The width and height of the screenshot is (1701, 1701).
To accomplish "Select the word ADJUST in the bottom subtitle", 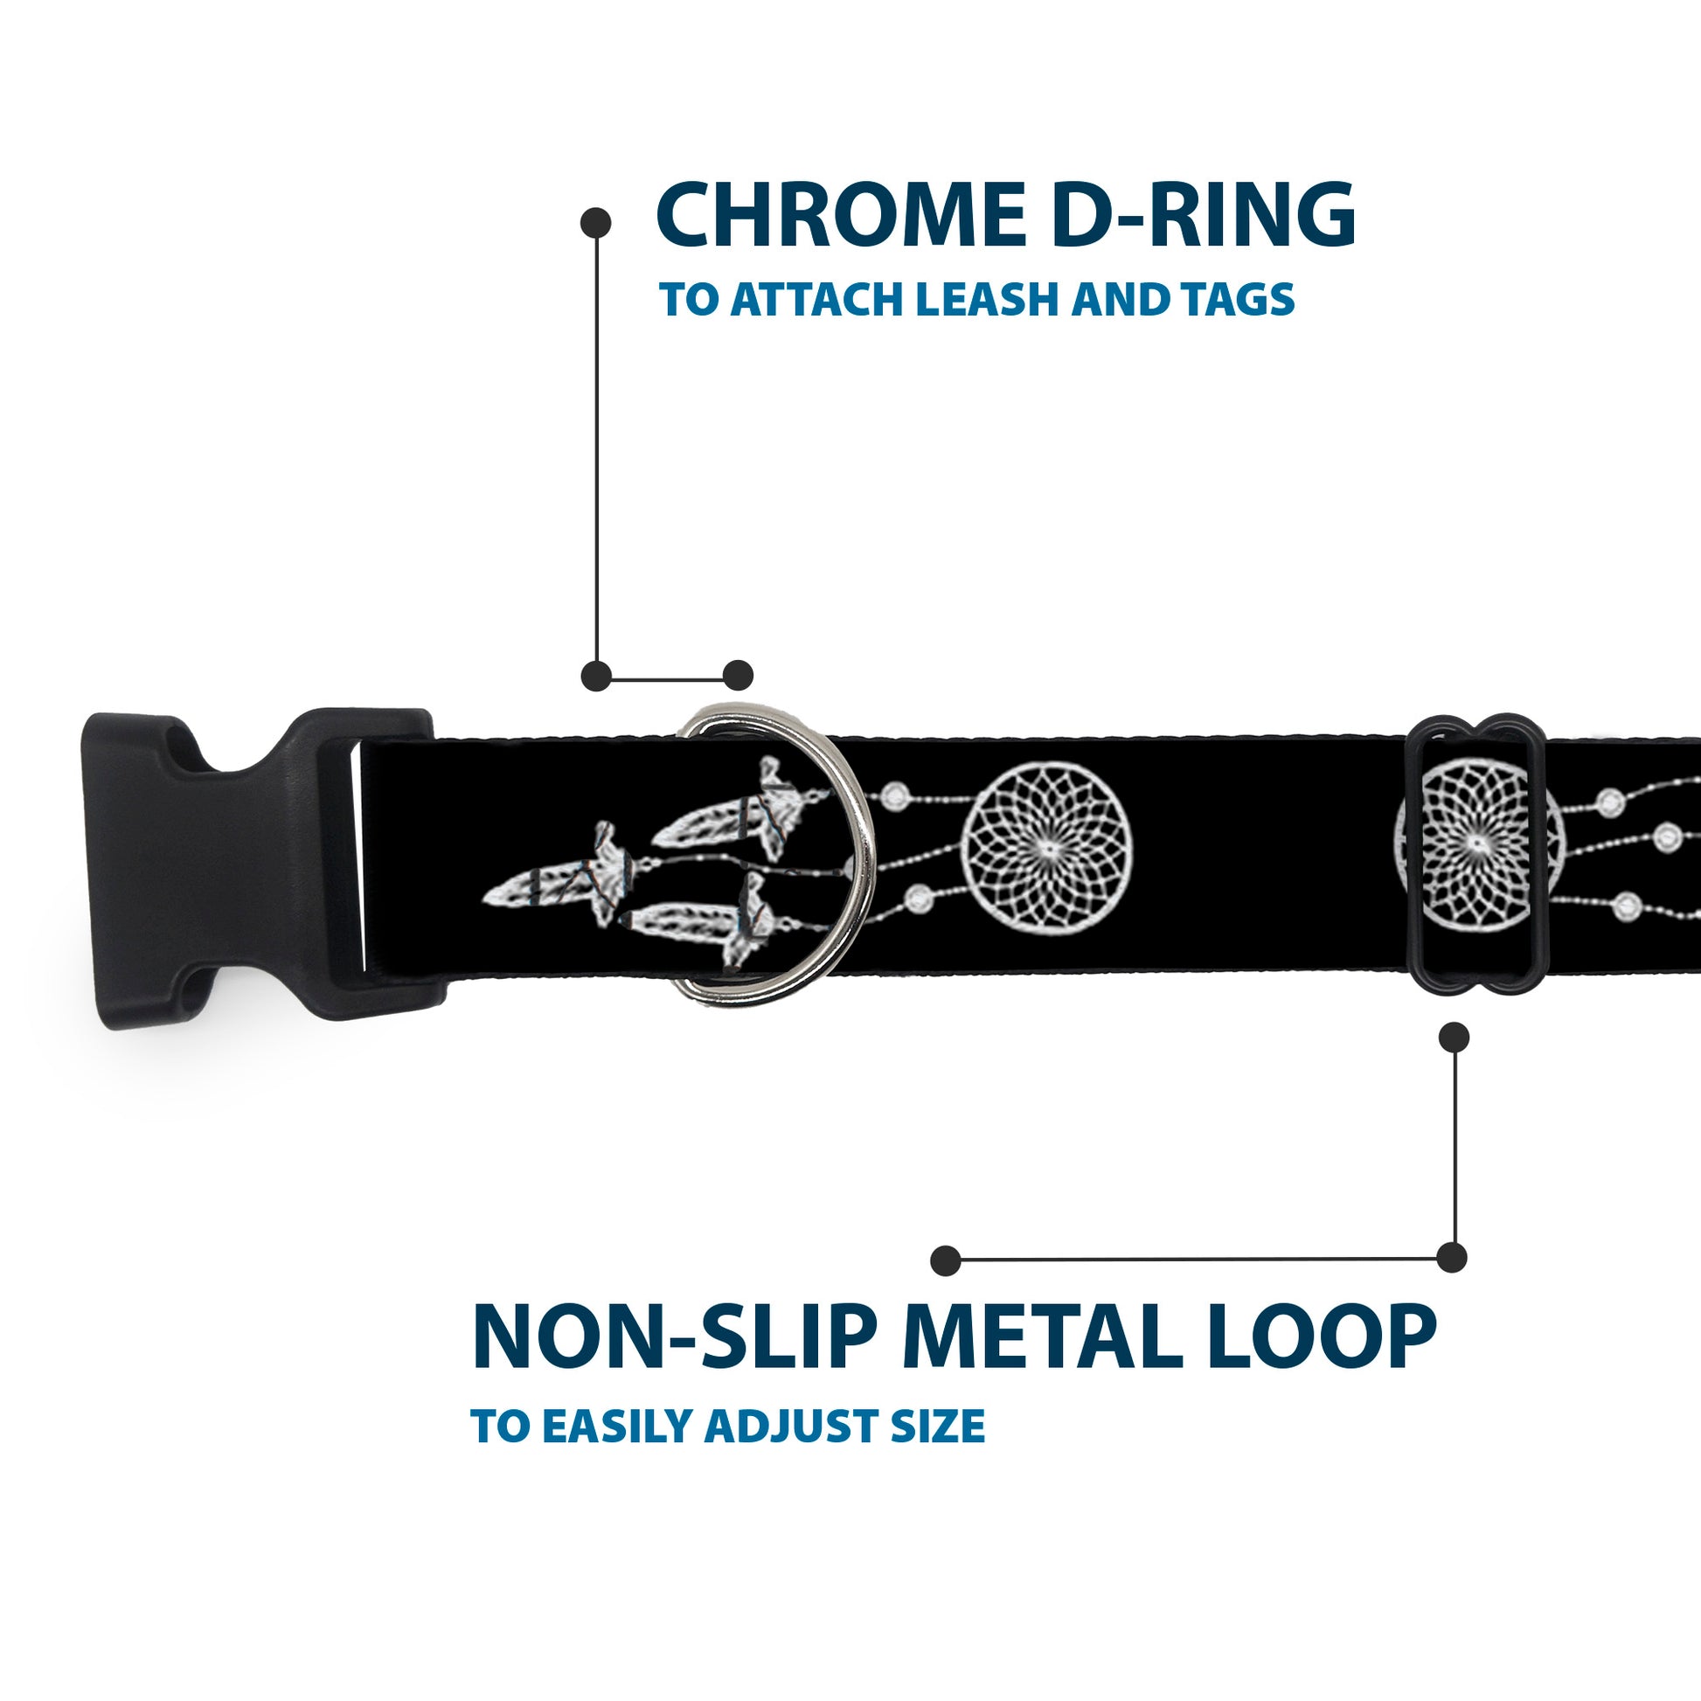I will [793, 1427].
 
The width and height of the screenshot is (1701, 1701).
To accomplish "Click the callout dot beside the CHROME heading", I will [596, 223].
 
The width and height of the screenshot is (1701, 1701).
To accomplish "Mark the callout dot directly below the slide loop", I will [1453, 1038].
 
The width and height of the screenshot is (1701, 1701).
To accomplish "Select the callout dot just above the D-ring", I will [738, 676].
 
